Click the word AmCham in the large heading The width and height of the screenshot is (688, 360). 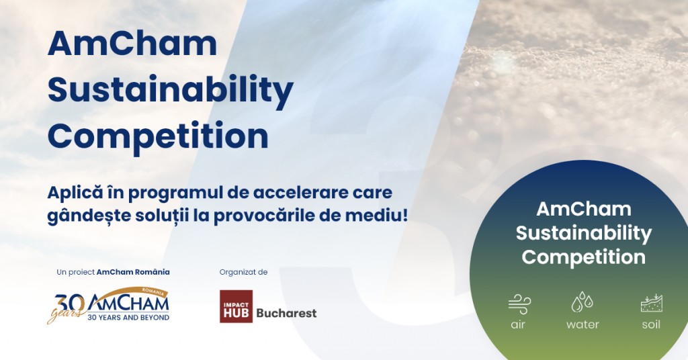pyautogui.click(x=132, y=44)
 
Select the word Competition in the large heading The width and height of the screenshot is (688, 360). pyautogui.click(x=158, y=136)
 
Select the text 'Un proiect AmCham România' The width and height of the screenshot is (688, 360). pyautogui.click(x=113, y=272)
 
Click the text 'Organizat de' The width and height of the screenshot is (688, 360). pyautogui.click(x=243, y=272)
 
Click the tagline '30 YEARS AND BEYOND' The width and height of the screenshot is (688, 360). pyautogui.click(x=128, y=318)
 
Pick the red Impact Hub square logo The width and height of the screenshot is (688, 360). pyautogui.click(x=236, y=306)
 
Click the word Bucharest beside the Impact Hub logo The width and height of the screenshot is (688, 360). pyautogui.click(x=286, y=313)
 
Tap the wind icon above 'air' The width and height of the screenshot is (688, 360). pyautogui.click(x=519, y=304)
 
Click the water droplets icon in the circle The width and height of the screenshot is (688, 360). pyautogui.click(x=583, y=302)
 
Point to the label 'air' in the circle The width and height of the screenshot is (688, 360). pyautogui.click(x=518, y=325)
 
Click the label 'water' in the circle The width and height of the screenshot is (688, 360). pyautogui.click(x=583, y=325)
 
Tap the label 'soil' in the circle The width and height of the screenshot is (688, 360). pyautogui.click(x=651, y=324)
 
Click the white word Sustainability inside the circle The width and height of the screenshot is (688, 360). pyautogui.click(x=584, y=233)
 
